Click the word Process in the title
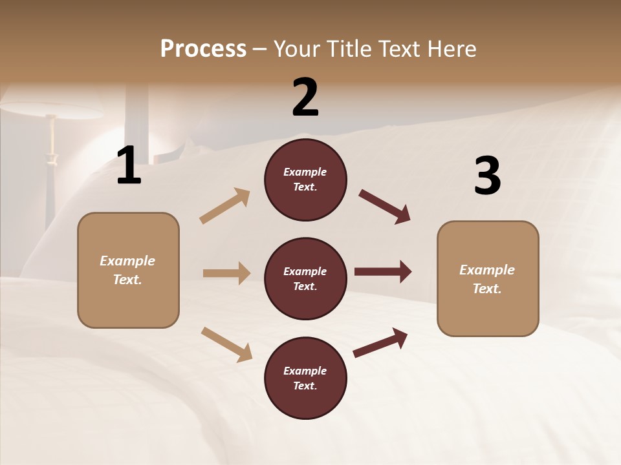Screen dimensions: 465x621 tap(203, 48)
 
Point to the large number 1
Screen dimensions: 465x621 tap(129, 166)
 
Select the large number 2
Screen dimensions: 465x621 tap(305, 98)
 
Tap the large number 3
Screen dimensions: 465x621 tap(487, 176)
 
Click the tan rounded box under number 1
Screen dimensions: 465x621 tap(128, 270)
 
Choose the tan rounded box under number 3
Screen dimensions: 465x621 tap(488, 278)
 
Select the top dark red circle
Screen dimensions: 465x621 tap(305, 180)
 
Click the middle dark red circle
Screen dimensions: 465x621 tap(305, 278)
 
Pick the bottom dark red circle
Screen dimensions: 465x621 tap(305, 378)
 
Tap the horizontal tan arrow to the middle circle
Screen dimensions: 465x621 tap(226, 273)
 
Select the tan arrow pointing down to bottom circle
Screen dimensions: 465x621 tap(226, 344)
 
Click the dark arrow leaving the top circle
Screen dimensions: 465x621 tap(384, 206)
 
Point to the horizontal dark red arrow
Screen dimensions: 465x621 tap(383, 272)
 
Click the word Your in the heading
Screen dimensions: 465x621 tap(296, 48)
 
